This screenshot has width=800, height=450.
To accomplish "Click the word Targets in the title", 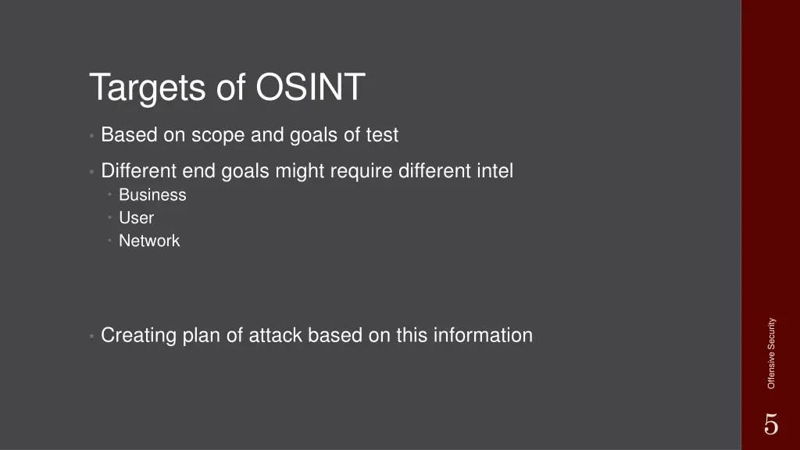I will (x=148, y=87).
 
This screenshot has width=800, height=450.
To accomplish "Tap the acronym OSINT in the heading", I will (x=311, y=87).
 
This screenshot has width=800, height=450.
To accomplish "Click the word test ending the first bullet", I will (x=382, y=135).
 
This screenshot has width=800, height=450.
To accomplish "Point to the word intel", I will (x=495, y=170).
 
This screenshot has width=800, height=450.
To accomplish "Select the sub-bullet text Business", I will (x=152, y=195).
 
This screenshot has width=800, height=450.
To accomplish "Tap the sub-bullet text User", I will (x=136, y=218).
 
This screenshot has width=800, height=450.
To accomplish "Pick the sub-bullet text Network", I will (x=149, y=241).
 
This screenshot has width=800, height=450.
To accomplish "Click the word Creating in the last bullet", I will (x=139, y=335).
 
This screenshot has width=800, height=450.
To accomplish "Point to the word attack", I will (x=276, y=335).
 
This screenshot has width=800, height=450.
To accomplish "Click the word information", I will (x=483, y=335).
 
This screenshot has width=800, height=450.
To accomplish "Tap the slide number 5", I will (x=770, y=425).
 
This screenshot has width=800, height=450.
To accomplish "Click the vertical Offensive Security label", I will (x=771, y=353).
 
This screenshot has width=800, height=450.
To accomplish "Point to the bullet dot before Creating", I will (x=92, y=336).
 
